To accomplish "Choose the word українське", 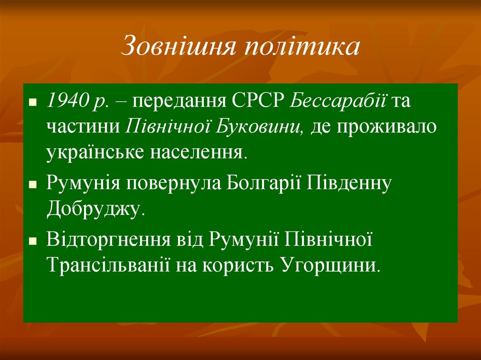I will point(93,153).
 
